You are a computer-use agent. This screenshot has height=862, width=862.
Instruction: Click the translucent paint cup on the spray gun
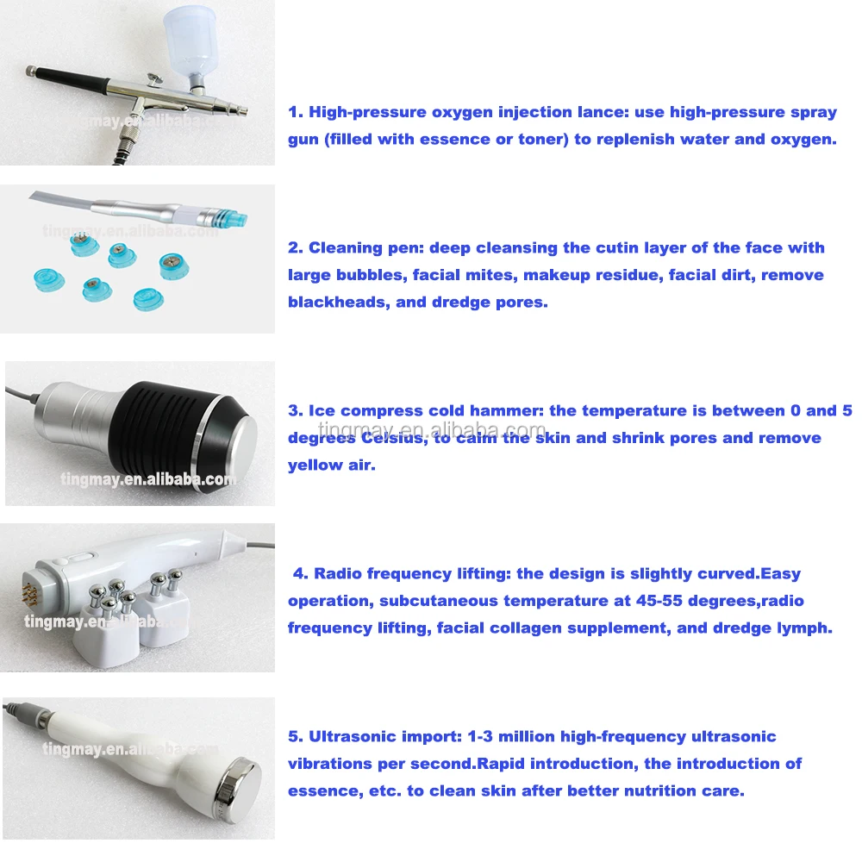pyautogui.click(x=192, y=41)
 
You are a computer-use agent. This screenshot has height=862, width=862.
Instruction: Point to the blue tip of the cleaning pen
pyautogui.click(x=233, y=218)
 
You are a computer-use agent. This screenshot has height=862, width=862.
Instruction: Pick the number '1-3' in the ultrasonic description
pyautogui.click(x=480, y=737)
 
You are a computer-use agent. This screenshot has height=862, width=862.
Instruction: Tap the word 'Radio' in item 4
pyautogui.click(x=338, y=574)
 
